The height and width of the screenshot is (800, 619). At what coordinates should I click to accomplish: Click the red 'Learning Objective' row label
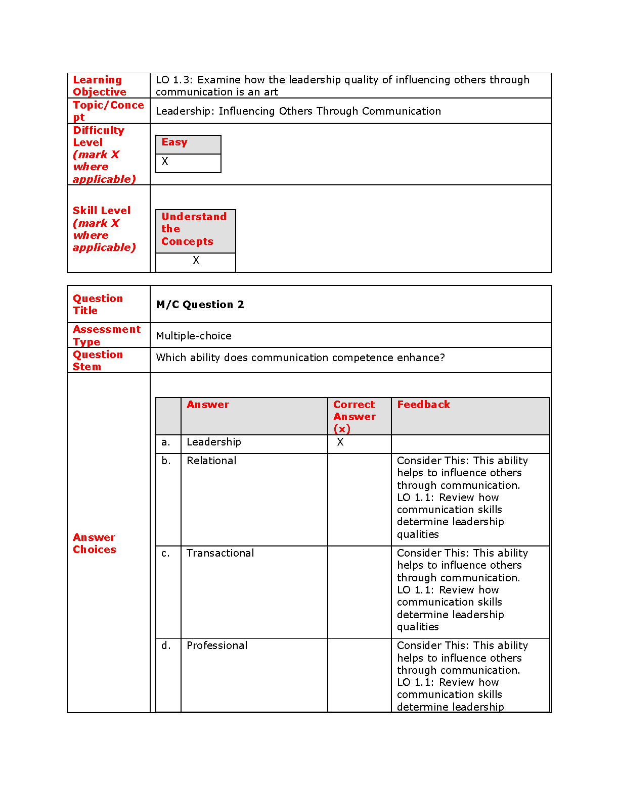(99, 86)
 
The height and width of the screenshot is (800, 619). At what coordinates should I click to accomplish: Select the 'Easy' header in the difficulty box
(174, 142)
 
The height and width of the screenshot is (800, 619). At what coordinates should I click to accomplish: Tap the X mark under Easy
(165, 162)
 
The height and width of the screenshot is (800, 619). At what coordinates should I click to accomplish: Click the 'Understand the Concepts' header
(194, 229)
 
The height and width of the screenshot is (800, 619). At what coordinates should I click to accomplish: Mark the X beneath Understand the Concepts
(196, 260)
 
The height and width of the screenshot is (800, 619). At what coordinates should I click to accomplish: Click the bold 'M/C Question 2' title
(200, 305)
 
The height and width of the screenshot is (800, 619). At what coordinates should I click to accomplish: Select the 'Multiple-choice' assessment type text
(194, 336)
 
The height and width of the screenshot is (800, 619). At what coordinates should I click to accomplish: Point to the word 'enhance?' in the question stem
(421, 358)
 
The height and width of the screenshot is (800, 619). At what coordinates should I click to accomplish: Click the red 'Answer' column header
(208, 405)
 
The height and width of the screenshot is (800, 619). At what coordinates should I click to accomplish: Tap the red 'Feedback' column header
(423, 405)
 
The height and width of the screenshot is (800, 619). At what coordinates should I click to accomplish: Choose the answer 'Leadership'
(213, 442)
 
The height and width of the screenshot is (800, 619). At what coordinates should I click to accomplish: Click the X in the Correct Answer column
(340, 442)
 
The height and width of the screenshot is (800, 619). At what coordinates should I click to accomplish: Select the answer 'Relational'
(211, 461)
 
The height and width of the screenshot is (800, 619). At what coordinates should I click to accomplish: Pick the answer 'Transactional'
(220, 553)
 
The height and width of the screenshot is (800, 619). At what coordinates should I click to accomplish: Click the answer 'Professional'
(217, 645)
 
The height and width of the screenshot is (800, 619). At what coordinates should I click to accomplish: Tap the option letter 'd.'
(166, 645)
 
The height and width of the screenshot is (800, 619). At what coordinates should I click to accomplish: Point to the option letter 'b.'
(166, 461)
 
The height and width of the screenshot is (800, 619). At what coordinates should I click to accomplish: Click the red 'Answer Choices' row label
(95, 543)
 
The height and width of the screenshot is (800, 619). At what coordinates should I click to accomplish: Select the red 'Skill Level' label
(102, 211)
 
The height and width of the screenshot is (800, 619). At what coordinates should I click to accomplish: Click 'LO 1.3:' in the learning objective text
(174, 80)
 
